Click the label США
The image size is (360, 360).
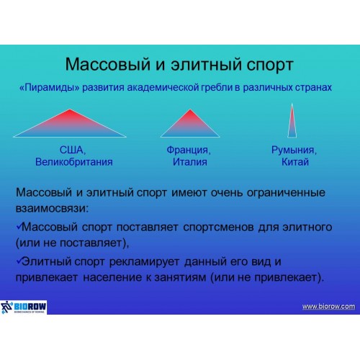coord(73,150)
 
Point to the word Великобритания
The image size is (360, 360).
coord(74,162)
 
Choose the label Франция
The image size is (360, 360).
coord(189,150)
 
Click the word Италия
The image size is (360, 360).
coord(190,162)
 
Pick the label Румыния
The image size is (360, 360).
coord(294,150)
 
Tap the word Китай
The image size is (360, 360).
coord(295,162)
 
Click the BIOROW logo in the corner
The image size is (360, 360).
coord(24,307)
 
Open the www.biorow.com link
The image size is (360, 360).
coord(328,307)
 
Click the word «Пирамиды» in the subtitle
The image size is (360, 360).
coord(49,88)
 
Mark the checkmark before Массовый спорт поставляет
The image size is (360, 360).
coord(19,226)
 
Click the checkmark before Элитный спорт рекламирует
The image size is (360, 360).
coord(19,261)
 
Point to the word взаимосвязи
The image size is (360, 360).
coord(52,208)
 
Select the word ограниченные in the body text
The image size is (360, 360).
coord(286,193)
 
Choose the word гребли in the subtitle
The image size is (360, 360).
coord(217,88)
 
